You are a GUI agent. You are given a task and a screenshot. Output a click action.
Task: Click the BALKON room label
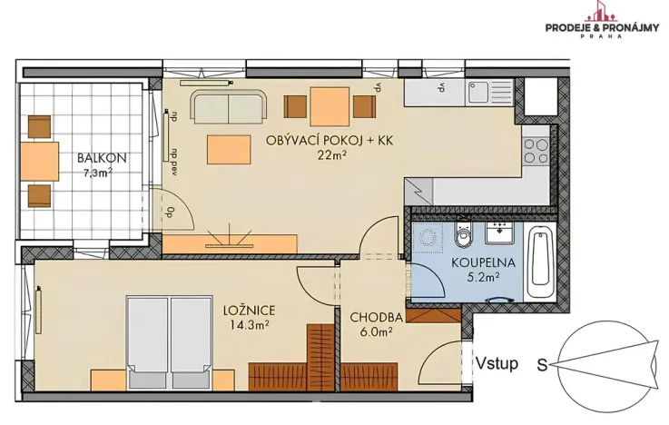[101, 156]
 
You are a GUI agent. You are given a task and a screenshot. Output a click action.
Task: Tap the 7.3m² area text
[98, 171]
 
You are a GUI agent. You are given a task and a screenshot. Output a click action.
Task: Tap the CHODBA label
[377, 317]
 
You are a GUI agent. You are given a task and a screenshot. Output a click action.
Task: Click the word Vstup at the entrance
[496, 364]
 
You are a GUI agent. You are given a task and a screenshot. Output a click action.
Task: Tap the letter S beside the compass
[541, 366]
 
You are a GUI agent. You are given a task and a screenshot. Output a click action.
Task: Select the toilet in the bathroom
[464, 237]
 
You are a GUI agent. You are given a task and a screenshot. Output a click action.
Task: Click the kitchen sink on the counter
[477, 92]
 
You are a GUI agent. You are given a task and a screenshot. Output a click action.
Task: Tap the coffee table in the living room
[229, 148]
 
